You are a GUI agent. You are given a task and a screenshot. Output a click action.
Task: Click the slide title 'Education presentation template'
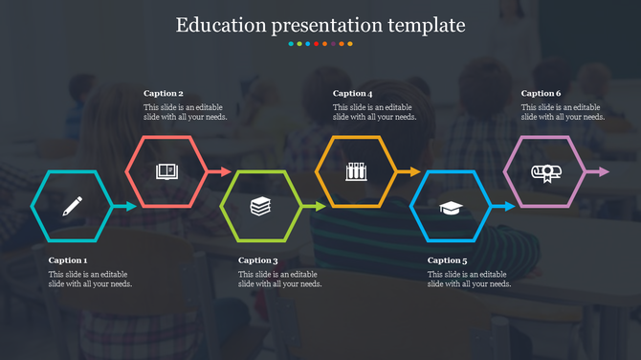coord(320,25)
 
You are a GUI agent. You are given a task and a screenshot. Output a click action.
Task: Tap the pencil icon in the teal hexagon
coord(72,206)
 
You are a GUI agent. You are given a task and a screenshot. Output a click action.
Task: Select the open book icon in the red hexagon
coord(166,171)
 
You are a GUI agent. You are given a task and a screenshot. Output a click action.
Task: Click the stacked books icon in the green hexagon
coord(260,206)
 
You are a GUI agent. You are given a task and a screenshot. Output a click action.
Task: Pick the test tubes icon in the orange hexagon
coord(355,171)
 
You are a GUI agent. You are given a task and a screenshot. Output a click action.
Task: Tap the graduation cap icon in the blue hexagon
coord(450,207)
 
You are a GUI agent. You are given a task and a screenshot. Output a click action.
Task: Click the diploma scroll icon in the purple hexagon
coord(544,172)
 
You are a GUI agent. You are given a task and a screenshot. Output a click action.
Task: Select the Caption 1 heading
coord(68,260)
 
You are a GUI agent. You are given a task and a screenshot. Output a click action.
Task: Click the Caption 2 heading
coord(164,94)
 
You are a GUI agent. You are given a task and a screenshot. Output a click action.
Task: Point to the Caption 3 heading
coord(257,260)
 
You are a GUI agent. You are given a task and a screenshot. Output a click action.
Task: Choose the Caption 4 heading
coord(352,94)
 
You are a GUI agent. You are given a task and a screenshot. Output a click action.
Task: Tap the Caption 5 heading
coord(447,260)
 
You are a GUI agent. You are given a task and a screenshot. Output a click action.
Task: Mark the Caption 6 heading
coord(542,94)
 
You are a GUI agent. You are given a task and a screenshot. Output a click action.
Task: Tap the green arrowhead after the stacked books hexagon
coord(319,206)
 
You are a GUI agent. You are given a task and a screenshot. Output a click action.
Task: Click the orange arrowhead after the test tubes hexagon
coord(413,172)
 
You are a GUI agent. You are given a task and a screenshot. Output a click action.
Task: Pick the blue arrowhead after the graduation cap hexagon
coord(508,206)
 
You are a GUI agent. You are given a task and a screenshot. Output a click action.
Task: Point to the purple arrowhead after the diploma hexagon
coord(603,172)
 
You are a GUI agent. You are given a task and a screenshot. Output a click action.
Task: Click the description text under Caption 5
coord(469,279)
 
